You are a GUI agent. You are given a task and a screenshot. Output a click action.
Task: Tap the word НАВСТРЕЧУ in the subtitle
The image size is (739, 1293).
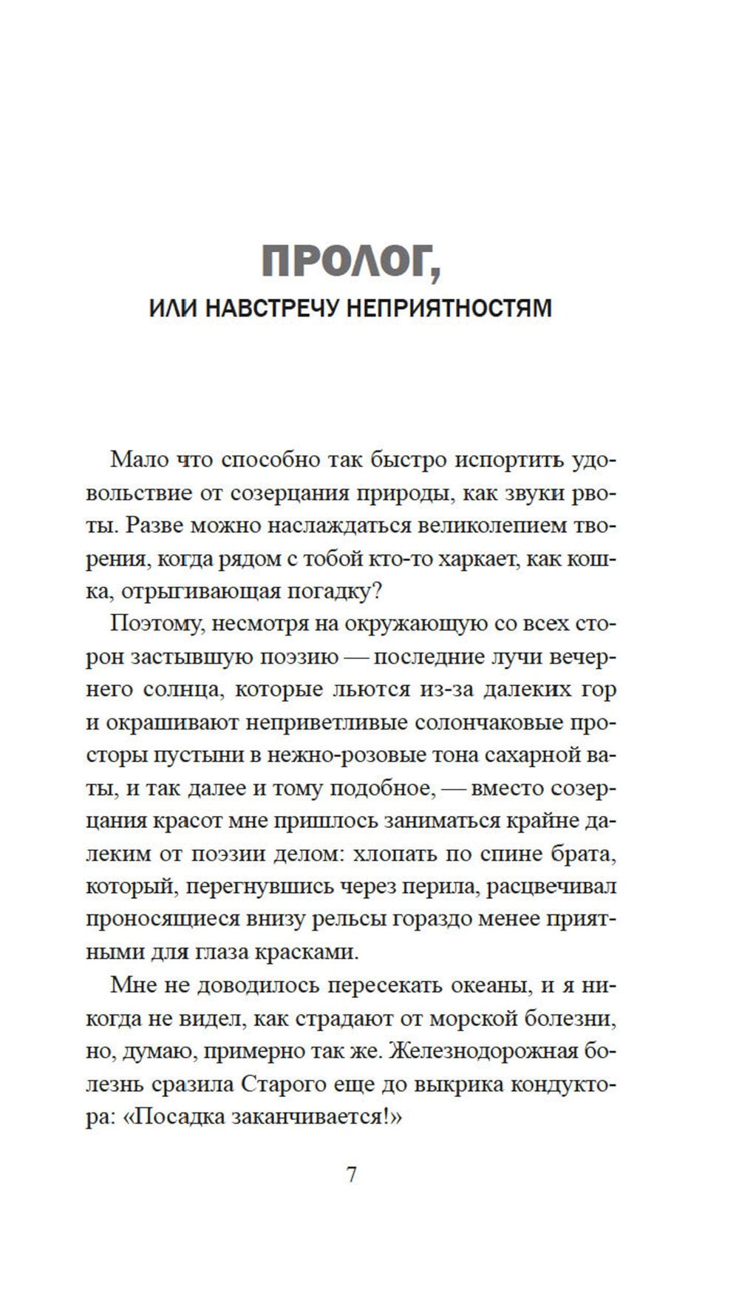(270, 308)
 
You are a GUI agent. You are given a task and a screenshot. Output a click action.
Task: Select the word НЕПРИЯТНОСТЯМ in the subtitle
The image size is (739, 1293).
(449, 308)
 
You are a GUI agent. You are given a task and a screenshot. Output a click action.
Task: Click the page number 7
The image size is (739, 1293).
(352, 1175)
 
